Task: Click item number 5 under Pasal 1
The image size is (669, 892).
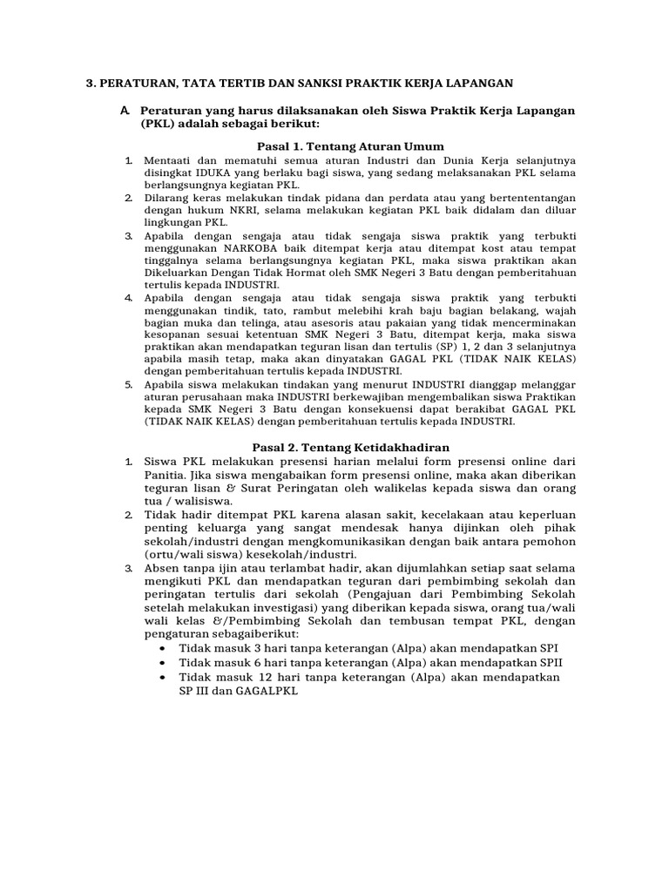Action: click(x=127, y=385)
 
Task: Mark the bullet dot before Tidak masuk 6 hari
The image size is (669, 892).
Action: click(x=166, y=663)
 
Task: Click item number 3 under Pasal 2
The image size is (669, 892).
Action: click(x=127, y=568)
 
